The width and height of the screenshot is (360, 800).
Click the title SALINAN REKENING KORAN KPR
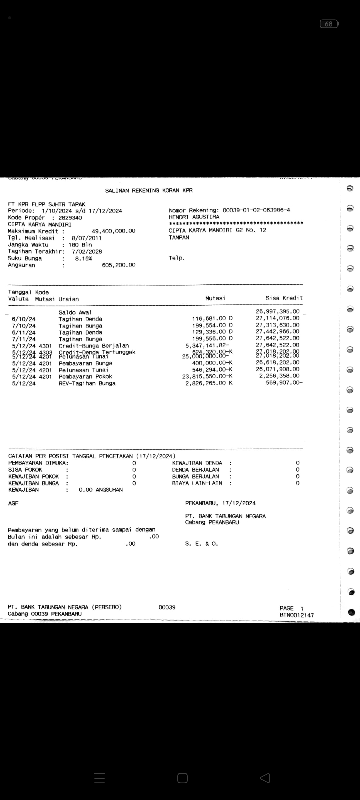(149, 191)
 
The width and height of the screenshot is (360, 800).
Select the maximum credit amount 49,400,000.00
(113, 231)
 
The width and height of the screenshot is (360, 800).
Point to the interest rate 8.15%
(83, 258)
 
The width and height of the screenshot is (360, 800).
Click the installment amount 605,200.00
(119, 265)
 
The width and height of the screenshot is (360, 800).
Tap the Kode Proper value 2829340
(70, 218)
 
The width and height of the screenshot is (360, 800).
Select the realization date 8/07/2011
(86, 238)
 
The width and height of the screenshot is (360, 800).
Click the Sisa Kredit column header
(284, 298)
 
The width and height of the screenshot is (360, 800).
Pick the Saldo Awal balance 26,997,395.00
(277, 311)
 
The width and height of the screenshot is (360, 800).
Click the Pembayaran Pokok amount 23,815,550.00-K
(207, 376)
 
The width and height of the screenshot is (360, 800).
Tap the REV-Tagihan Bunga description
(87, 383)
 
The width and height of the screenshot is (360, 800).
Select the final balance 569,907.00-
(284, 383)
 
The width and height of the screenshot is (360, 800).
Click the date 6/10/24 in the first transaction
(24, 319)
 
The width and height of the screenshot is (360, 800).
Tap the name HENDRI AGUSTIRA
(194, 217)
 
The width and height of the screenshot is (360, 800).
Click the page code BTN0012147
(297, 615)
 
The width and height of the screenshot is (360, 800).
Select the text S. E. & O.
(201, 544)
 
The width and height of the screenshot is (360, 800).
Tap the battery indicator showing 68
(329, 24)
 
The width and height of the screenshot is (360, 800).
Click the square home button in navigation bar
(182, 778)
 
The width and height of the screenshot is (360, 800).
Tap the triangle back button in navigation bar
(265, 778)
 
